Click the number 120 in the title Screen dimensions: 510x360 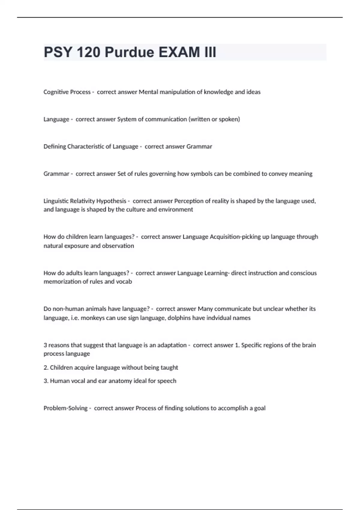[x=88, y=52]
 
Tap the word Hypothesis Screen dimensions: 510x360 [x=111, y=201]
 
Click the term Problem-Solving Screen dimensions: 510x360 [x=65, y=408]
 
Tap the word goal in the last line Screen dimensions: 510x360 [x=260, y=408]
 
